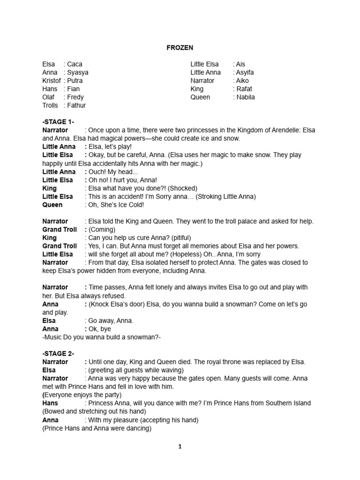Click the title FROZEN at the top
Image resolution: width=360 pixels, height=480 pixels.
point(180,47)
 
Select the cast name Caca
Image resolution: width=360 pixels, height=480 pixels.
point(75,64)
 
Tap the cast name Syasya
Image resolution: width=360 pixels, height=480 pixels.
point(78,73)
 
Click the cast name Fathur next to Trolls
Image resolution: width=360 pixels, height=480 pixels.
point(77,105)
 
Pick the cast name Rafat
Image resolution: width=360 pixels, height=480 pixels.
point(244,89)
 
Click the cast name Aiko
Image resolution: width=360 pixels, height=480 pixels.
point(242,81)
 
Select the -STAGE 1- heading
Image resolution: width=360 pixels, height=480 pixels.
point(58,122)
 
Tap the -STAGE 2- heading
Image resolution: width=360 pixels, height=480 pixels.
point(58,353)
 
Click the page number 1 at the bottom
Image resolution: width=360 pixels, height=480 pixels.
point(180,447)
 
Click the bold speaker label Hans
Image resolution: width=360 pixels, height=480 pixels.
point(50,403)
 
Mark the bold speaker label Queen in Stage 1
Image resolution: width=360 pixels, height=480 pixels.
point(52,205)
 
